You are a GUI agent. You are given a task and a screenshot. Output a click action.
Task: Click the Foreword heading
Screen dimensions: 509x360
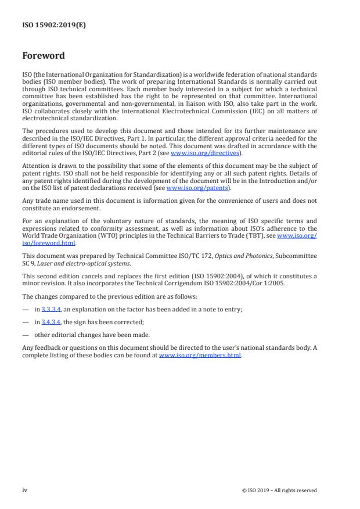pyautogui.click(x=44, y=56)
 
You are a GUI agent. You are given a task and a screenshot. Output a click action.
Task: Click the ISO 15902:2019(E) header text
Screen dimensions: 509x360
pyautogui.click(x=54, y=25)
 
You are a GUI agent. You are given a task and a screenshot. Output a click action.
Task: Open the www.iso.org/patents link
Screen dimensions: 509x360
pyautogui.click(x=190, y=188)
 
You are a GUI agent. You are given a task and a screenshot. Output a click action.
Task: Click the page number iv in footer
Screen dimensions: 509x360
pyautogui.click(x=25, y=490)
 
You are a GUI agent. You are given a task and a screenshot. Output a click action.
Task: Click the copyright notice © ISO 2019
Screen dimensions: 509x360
pyautogui.click(x=279, y=490)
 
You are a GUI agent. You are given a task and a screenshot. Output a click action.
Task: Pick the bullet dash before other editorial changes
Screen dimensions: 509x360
pyautogui.click(x=26, y=335)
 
